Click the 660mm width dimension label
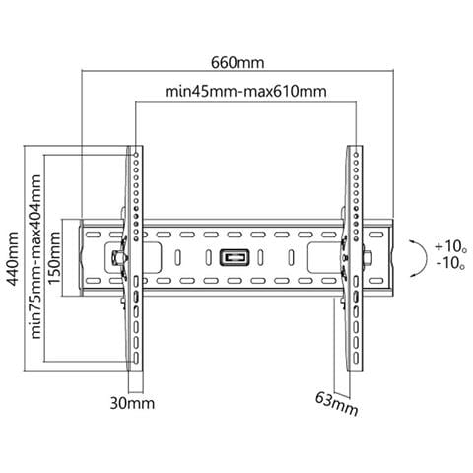pyautogui.click(x=237, y=63)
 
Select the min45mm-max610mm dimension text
pyautogui.click(x=245, y=91)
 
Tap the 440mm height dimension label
pyautogui.click(x=13, y=258)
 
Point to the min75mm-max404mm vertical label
pyautogui.click(x=35, y=256)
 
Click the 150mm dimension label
pyautogui.click(x=54, y=258)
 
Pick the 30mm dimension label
pyautogui.click(x=132, y=403)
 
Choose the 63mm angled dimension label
pyautogui.click(x=336, y=404)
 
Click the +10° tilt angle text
pyautogui.click(x=450, y=246)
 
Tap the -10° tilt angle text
pyautogui.click(x=450, y=263)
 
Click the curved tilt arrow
pyautogui.click(x=426, y=258)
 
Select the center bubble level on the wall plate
pyautogui.click(x=235, y=257)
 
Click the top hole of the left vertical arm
pyautogui.click(x=136, y=155)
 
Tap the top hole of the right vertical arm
pyautogui.click(x=356, y=154)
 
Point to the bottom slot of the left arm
pyautogui.click(x=136, y=358)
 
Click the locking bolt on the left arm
pyautogui.click(x=117, y=258)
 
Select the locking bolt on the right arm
pyautogui.click(x=367, y=257)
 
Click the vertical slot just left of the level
pyautogui.click(x=208, y=258)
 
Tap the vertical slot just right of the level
pyautogui.click(x=260, y=258)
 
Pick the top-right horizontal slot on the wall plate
pyautogui.click(x=376, y=235)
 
